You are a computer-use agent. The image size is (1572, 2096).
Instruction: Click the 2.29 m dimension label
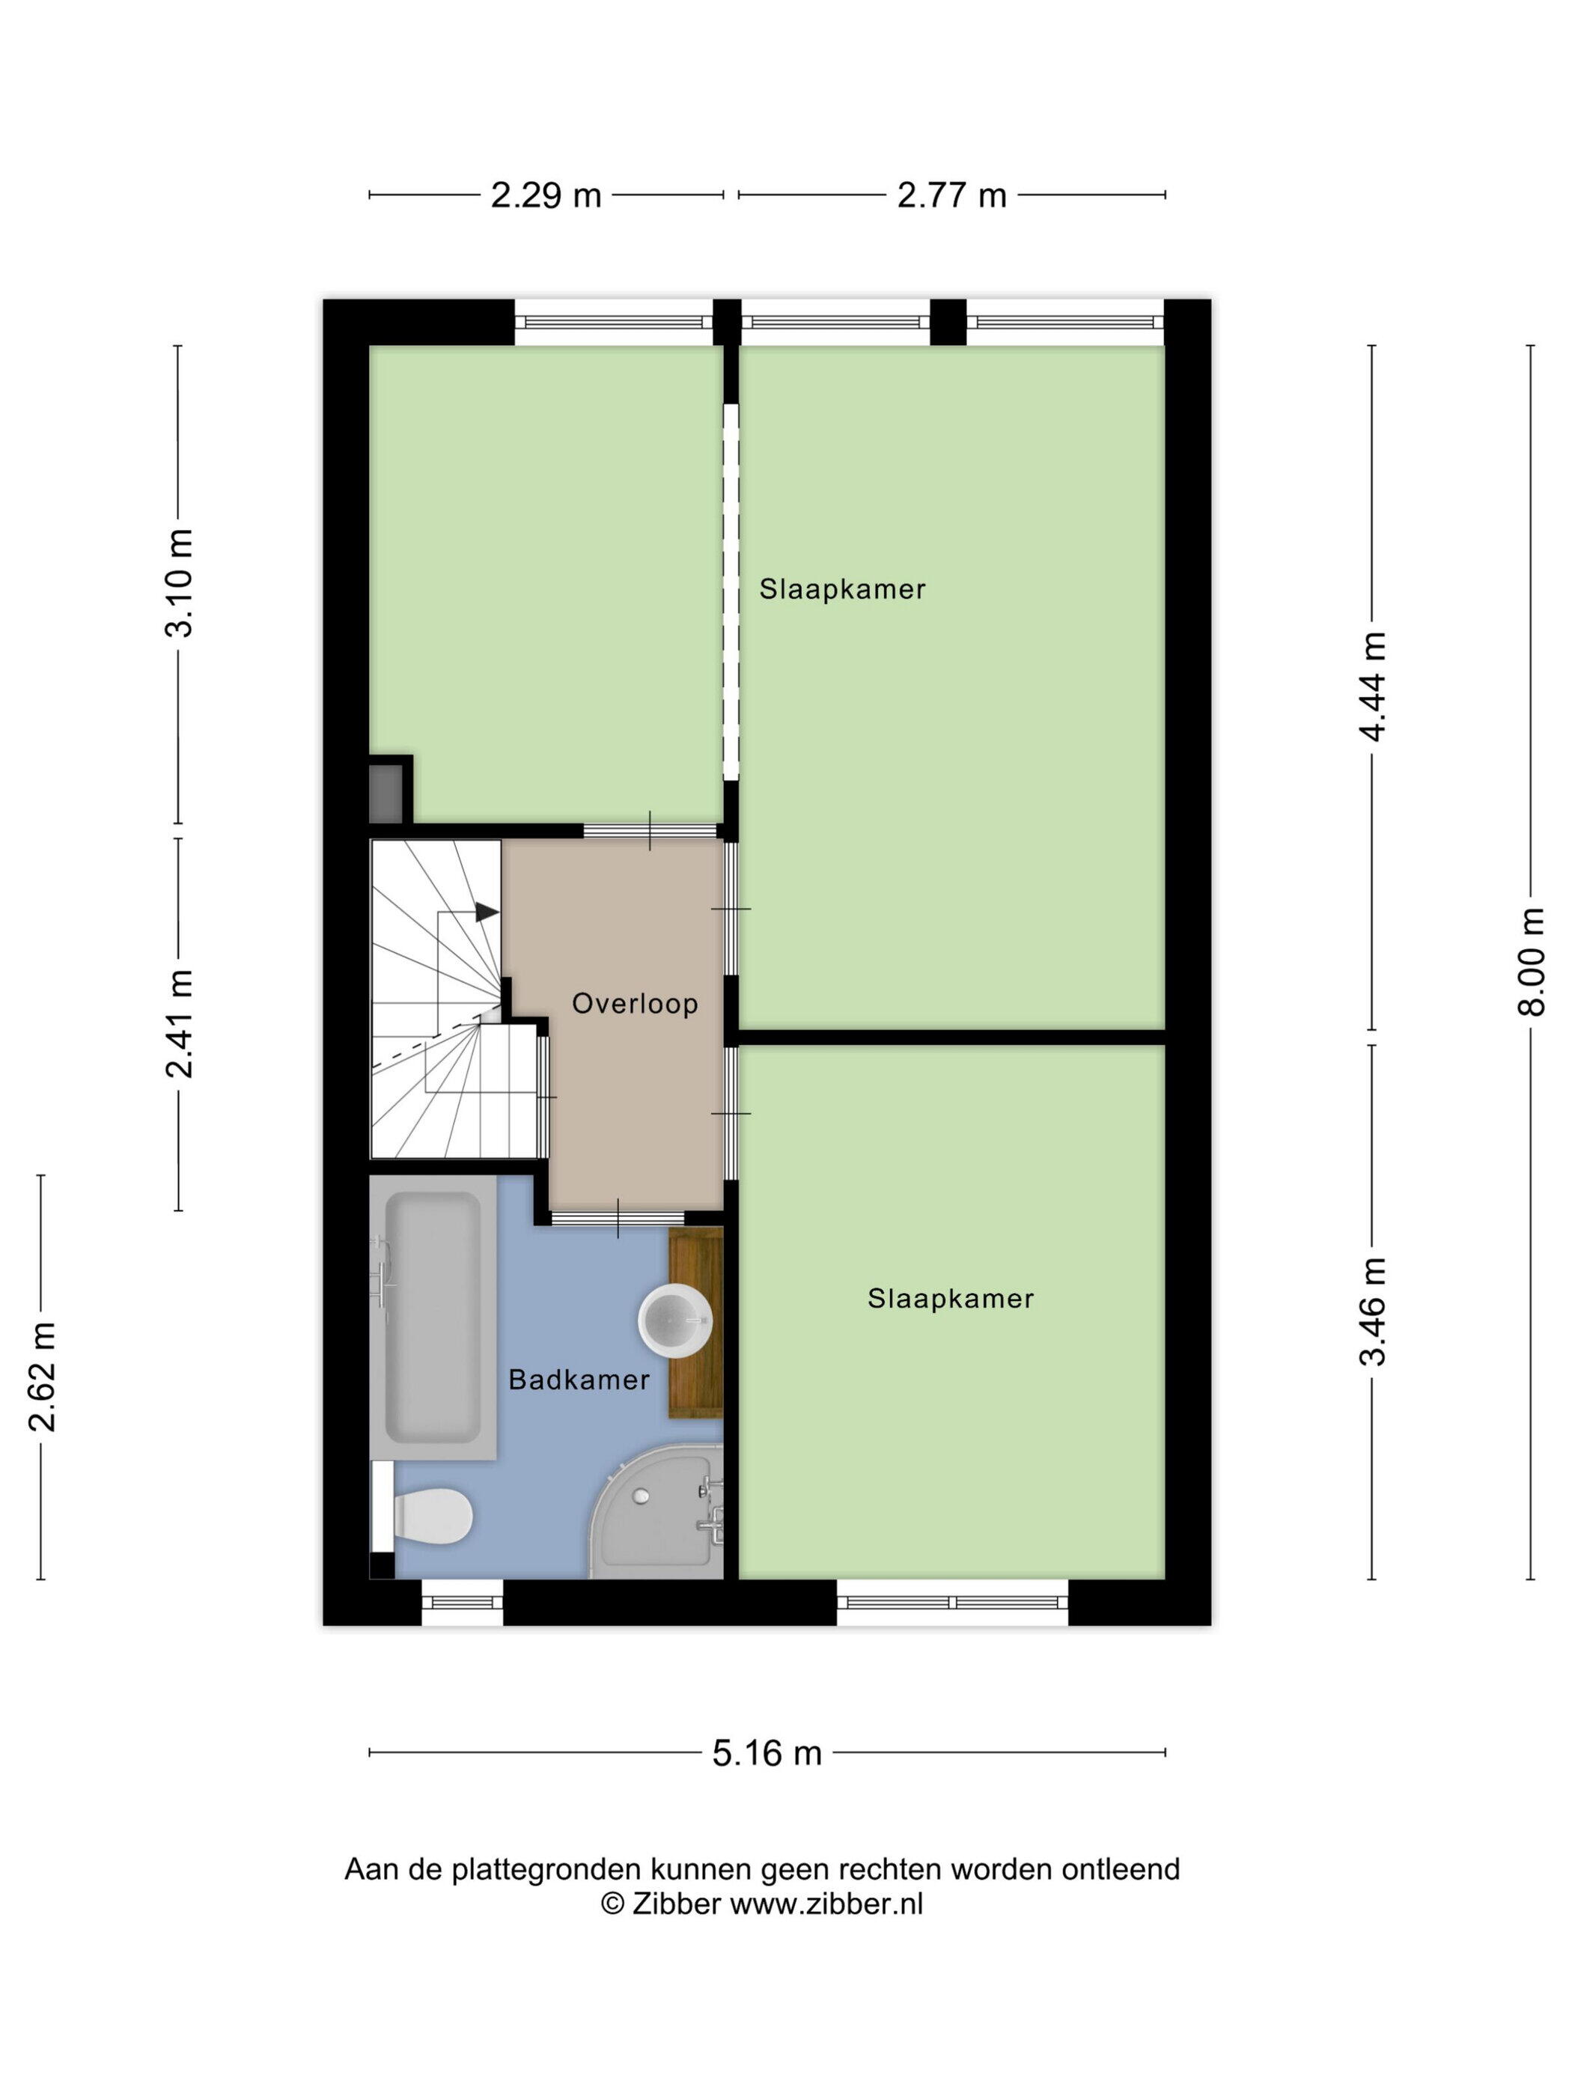tap(546, 195)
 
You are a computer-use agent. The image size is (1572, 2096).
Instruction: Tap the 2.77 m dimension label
tap(951, 195)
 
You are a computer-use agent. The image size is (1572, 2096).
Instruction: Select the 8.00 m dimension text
tap(1532, 962)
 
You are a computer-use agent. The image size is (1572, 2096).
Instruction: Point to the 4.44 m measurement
tap(1373, 687)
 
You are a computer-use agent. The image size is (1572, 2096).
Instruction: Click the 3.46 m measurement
tap(1373, 1311)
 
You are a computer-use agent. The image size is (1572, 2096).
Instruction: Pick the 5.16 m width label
tap(767, 1754)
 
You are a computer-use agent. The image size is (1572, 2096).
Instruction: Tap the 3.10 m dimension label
tap(179, 582)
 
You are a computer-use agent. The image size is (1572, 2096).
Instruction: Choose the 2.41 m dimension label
tap(179, 1024)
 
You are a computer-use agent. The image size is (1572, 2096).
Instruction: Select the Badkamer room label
tap(579, 1380)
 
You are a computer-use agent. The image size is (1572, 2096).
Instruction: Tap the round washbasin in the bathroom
tap(674, 1319)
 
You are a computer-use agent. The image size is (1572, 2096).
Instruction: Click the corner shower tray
tap(656, 1512)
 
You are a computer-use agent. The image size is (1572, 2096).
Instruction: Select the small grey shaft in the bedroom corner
tap(386, 793)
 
